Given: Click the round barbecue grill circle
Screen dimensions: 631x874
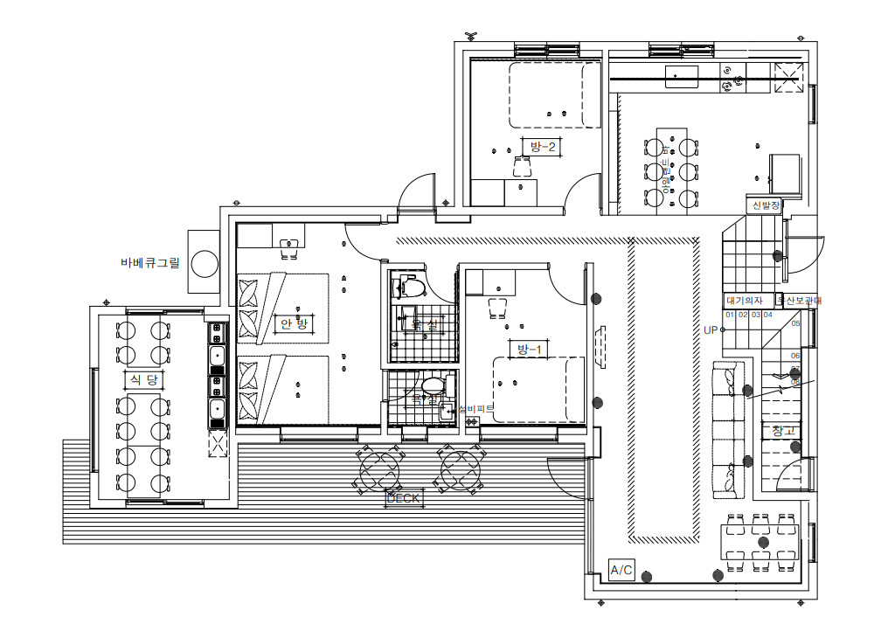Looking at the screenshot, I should (x=205, y=263).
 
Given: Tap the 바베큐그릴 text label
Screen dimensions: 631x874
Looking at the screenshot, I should (x=149, y=262).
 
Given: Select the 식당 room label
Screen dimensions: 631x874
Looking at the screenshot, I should (x=142, y=379).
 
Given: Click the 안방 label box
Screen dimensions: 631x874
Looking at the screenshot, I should (x=292, y=323).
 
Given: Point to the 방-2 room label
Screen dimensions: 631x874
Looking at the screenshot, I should (x=542, y=146).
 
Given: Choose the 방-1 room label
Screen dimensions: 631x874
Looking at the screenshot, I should (x=530, y=350).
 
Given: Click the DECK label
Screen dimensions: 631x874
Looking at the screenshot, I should (x=404, y=499).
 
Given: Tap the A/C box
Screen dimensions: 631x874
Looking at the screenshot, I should (x=621, y=571).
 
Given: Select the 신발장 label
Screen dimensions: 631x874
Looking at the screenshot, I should (x=765, y=205).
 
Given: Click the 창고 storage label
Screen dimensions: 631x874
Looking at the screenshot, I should (x=784, y=431).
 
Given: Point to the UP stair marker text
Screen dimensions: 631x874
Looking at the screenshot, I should (x=710, y=330).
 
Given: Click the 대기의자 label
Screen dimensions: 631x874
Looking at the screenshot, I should (x=744, y=301).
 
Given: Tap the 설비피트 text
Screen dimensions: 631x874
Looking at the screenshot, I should (x=476, y=408).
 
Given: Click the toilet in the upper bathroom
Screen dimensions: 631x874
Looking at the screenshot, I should (x=410, y=287).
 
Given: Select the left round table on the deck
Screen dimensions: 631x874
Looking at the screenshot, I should (x=379, y=468).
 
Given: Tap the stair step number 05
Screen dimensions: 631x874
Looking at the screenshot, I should (x=795, y=323).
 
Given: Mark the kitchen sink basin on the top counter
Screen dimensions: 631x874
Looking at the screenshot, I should (x=681, y=77).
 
